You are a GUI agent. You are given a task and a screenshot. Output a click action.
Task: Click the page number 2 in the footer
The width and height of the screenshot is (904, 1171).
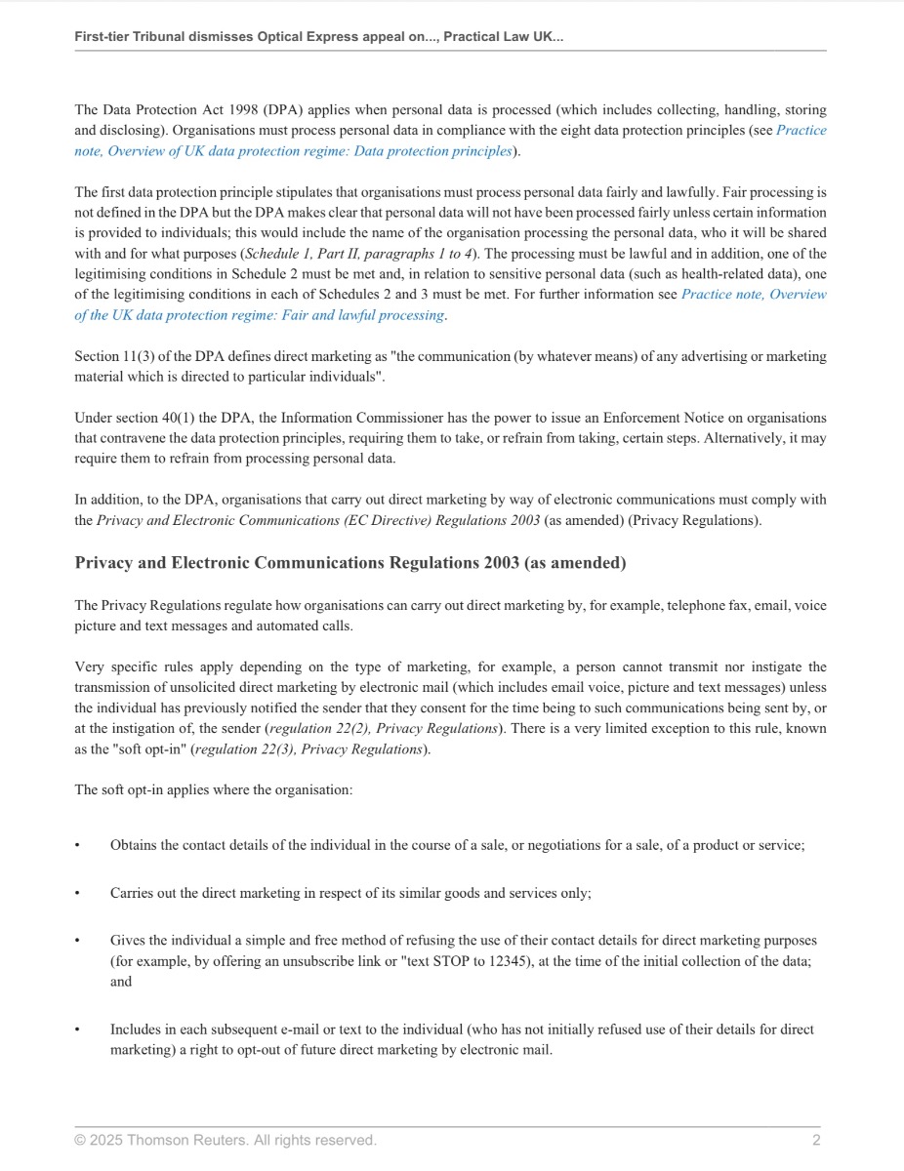pos(816,1140)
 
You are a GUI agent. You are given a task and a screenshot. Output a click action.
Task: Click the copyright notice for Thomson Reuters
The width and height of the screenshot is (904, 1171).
pos(226,1140)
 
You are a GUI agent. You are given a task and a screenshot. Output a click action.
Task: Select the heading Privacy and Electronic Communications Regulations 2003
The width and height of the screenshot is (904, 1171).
pos(350,563)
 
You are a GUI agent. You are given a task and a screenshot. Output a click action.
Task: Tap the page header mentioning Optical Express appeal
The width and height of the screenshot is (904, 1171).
pos(319,36)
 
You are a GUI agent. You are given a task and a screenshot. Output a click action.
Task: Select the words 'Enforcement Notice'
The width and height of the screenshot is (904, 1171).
pos(581,418)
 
